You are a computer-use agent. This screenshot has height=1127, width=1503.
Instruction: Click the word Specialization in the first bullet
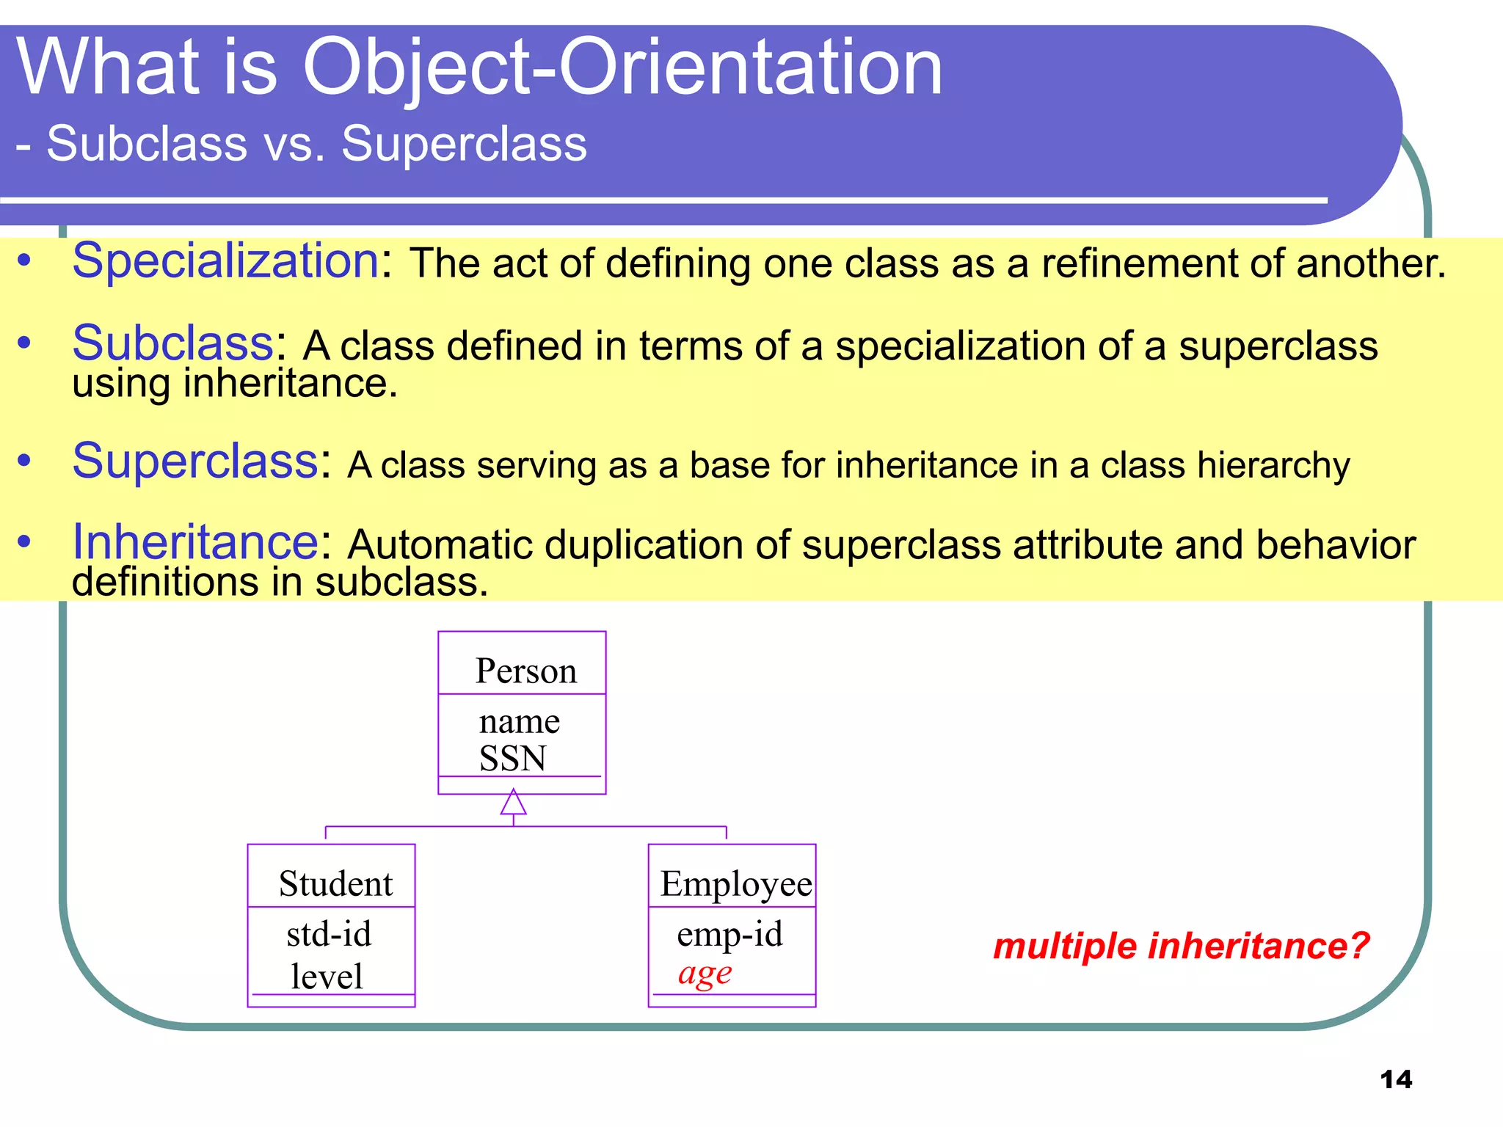pos(225,261)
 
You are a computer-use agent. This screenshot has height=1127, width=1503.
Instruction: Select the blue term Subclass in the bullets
pos(173,343)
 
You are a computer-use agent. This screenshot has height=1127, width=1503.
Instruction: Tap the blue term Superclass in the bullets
pos(195,462)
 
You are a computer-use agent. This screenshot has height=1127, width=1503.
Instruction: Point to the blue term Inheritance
pos(195,542)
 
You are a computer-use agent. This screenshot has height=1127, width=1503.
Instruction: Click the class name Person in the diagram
pos(525,671)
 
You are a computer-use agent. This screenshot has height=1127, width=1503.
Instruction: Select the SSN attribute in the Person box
pos(512,759)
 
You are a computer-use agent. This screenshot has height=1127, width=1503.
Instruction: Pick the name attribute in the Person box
pos(519,722)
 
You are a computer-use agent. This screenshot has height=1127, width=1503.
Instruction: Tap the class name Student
pos(335,883)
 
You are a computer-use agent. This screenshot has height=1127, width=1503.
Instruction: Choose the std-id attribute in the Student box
pos(329,934)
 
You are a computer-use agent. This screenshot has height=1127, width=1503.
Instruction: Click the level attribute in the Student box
pos(327,977)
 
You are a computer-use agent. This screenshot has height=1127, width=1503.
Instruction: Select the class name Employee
pos(735,883)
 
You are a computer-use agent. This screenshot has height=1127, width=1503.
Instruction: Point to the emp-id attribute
pos(729,935)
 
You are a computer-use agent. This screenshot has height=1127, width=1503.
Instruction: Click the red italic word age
pos(705,974)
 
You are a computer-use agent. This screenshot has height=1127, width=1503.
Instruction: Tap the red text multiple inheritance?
pos(1181,946)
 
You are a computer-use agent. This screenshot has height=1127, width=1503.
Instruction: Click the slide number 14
pos(1395,1079)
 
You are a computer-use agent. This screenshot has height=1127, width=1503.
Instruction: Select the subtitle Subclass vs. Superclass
pos(316,143)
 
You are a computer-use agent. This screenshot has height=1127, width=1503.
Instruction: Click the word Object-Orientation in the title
pos(622,68)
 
